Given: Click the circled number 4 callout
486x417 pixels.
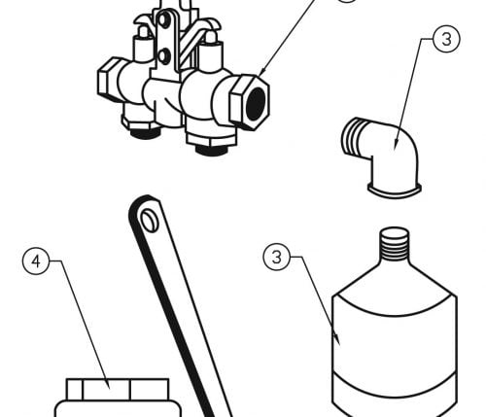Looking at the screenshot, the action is (36, 261).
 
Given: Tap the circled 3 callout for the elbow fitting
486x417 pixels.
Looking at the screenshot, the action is (446, 39).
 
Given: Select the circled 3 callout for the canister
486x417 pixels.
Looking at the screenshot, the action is (276, 257).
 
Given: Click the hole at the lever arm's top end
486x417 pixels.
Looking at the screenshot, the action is (149, 221).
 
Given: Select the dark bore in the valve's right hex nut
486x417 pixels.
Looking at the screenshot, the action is (256, 103).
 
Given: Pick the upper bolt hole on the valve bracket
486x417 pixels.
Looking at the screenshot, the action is (165, 20).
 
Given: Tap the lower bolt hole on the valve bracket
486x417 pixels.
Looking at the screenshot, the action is (164, 56).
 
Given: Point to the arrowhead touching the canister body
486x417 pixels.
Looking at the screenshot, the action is (337, 339).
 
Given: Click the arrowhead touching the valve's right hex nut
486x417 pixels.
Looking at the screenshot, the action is (262, 71).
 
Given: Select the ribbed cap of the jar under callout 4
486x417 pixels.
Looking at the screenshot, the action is (118, 389).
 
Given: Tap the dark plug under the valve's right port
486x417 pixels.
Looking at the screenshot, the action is (211, 151).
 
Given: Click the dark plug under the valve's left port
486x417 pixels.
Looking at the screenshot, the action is (145, 132).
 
